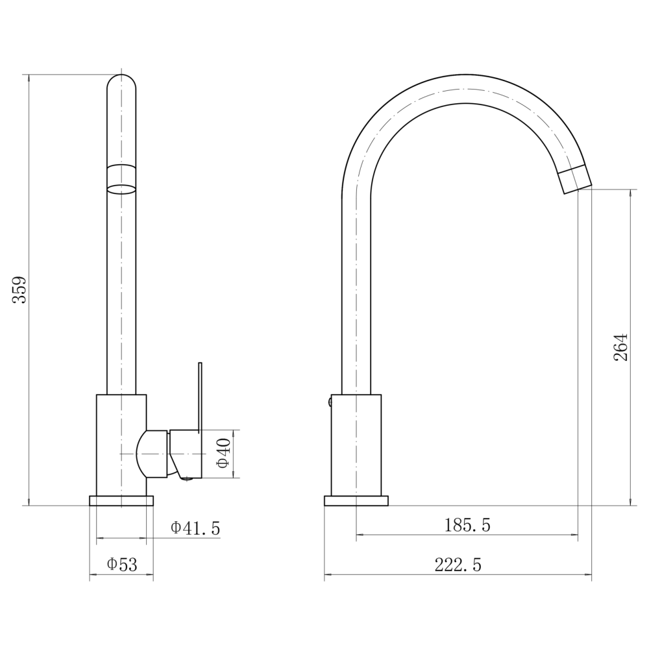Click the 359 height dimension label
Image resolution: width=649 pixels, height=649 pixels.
pyautogui.click(x=19, y=289)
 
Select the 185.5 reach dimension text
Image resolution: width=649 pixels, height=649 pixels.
pyautogui.click(x=467, y=525)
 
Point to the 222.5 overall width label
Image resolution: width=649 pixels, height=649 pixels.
pyautogui.click(x=458, y=565)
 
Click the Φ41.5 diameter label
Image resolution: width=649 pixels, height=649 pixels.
pyautogui.click(x=195, y=528)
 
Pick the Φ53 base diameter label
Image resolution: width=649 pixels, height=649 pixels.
pyautogui.click(x=122, y=565)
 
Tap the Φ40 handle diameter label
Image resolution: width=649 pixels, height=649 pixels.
pyautogui.click(x=223, y=454)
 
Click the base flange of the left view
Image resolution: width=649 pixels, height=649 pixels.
pyautogui.click(x=121, y=501)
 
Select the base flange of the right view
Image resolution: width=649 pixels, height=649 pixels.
pyautogui.click(x=356, y=501)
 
